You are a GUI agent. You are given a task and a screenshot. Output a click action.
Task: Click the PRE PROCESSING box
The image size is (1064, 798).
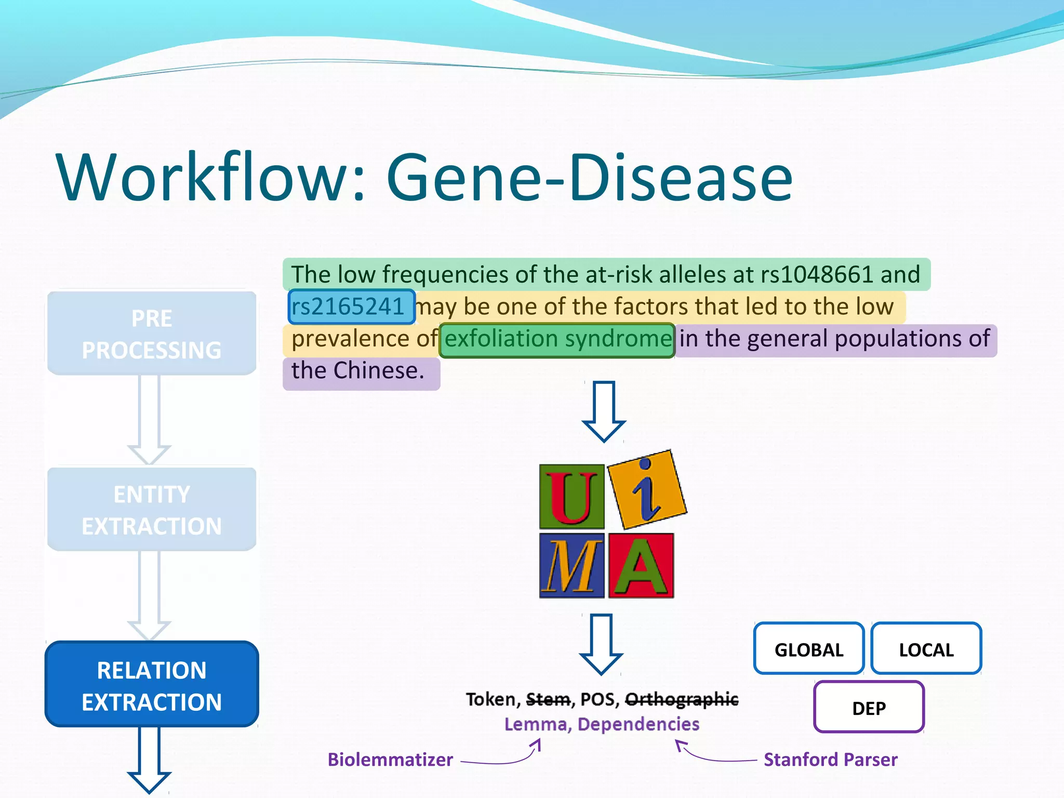[x=152, y=334]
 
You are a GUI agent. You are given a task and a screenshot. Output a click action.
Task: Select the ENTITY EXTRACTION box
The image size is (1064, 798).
[x=152, y=510]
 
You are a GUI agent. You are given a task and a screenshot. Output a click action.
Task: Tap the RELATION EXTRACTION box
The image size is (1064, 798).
[x=152, y=685]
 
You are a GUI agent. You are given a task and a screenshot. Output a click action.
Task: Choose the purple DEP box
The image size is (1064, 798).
[x=869, y=708]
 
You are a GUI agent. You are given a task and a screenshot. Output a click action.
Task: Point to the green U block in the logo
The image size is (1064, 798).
[x=571, y=497]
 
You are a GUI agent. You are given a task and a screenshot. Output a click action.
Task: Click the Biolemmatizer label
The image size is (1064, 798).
[x=390, y=760]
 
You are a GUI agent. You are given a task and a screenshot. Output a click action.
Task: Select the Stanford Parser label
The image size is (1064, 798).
[x=830, y=760]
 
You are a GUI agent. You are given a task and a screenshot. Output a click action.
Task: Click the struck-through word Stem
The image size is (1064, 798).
[x=548, y=700]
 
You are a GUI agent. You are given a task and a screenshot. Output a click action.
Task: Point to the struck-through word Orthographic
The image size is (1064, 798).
[x=681, y=700]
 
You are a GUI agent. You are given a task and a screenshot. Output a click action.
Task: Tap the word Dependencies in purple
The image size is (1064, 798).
[x=639, y=724]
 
